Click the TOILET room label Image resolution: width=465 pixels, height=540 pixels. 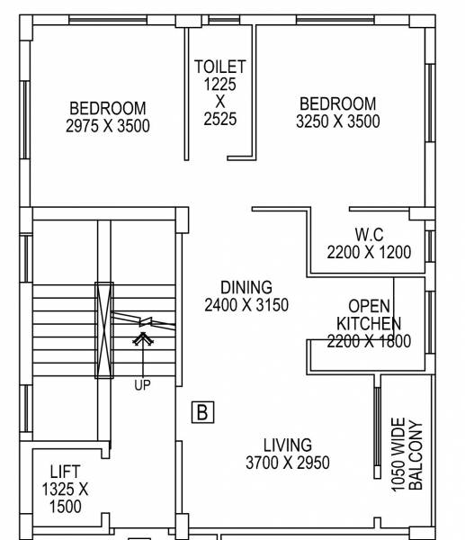pos(220,67)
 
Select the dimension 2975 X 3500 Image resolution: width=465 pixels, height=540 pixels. pos(108,127)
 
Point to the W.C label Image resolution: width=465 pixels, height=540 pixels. pos(369,235)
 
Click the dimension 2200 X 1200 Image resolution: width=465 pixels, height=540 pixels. pos(369,253)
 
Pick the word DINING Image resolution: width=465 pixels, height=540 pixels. pos(246,288)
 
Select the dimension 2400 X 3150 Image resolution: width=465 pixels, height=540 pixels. pos(246,305)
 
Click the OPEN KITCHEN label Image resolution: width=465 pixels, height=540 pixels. pos(369,314)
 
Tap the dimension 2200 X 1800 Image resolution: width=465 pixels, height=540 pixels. pos(369,341)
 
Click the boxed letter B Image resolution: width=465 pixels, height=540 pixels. pos(203,413)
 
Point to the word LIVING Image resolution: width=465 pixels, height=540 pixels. pos(288,445)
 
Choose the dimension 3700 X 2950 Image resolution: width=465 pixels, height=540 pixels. pos(288,463)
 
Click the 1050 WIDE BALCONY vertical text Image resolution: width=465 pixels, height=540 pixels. pos(407,454)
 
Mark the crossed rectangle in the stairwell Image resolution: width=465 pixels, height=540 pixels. pos(104,330)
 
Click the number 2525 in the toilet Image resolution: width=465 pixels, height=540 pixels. pos(220,118)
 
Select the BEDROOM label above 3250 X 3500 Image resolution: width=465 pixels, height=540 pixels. pos(337,103)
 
